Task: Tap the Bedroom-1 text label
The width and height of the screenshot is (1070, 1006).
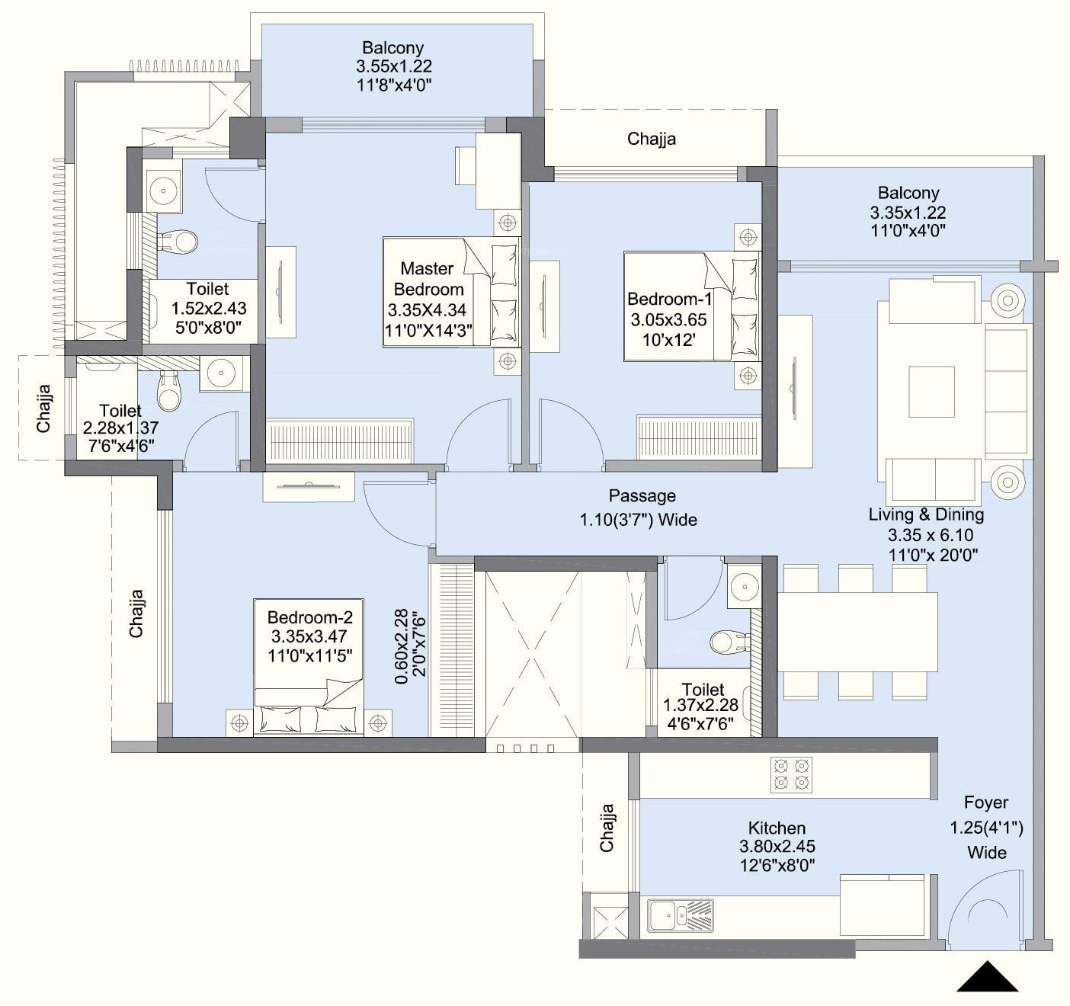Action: click(x=670, y=299)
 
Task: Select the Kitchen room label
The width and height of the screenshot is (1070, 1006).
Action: click(x=777, y=828)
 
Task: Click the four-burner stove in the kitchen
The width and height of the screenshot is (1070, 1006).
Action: click(x=792, y=775)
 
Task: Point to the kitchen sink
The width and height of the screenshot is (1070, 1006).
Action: click(x=681, y=915)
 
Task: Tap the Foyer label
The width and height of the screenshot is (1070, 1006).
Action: click(x=986, y=803)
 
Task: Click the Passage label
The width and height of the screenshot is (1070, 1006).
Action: click(x=642, y=495)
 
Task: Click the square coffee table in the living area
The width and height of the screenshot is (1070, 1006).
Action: click(x=931, y=392)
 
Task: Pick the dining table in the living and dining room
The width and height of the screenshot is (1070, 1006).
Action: click(x=857, y=632)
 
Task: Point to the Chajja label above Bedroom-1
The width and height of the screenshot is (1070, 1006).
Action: click(x=652, y=139)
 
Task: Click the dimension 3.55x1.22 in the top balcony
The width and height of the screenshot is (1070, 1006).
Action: click(x=394, y=66)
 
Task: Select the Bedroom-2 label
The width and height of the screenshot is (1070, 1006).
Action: click(x=309, y=617)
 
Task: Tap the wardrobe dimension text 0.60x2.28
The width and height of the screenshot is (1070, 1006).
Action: click(x=401, y=646)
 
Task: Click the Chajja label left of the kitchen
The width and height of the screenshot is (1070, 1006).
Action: click(x=607, y=828)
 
